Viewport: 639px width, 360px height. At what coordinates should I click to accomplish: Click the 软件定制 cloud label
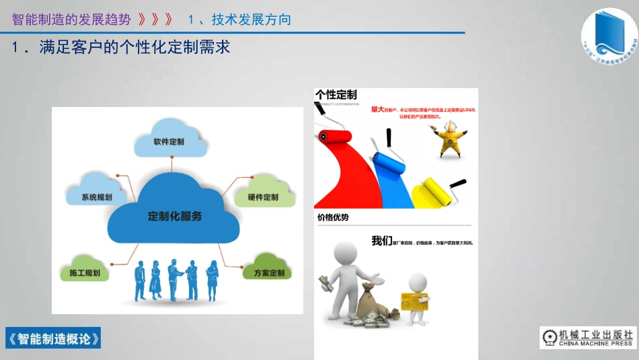click(x=169, y=142)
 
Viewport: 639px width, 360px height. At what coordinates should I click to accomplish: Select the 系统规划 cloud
click(x=96, y=196)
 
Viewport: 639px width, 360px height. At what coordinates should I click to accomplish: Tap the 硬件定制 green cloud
click(x=262, y=196)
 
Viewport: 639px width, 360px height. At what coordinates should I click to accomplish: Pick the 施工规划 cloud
click(x=85, y=273)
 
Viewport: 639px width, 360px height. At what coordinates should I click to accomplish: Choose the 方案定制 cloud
click(x=269, y=273)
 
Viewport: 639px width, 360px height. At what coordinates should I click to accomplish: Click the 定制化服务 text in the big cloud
click(x=175, y=217)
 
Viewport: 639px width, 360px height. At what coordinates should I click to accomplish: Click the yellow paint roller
click(x=435, y=191)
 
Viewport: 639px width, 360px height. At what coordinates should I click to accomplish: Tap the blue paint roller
click(x=386, y=161)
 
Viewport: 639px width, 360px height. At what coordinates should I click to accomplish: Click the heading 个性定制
click(x=336, y=95)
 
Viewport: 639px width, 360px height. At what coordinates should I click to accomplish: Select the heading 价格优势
click(x=333, y=217)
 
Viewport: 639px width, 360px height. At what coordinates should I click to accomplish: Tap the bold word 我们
click(x=381, y=241)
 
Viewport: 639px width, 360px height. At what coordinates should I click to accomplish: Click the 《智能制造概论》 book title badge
click(x=53, y=338)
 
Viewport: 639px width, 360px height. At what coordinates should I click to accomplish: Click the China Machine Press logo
click(x=588, y=338)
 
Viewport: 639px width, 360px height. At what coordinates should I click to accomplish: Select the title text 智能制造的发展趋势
click(x=71, y=20)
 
